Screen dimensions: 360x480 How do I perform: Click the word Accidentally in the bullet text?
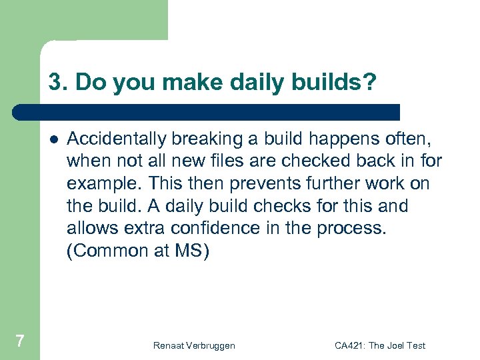pyautogui.click(x=117, y=139)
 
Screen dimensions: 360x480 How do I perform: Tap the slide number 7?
pyautogui.click(x=20, y=341)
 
